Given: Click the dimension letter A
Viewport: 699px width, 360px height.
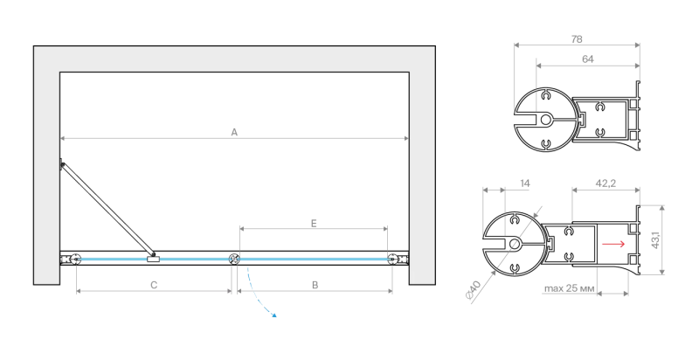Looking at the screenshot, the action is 234,132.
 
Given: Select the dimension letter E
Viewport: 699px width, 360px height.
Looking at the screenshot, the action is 314,223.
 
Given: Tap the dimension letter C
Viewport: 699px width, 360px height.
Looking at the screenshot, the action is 154,285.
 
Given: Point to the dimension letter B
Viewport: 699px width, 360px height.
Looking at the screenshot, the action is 315,285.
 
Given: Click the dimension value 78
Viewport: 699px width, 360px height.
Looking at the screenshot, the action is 577,39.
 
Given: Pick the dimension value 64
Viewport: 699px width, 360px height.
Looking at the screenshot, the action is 588,59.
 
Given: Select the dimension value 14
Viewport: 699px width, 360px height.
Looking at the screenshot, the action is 525,183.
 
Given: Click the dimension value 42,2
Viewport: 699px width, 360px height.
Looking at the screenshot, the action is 606,183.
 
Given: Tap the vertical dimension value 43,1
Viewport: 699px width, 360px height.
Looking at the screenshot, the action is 655,239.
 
